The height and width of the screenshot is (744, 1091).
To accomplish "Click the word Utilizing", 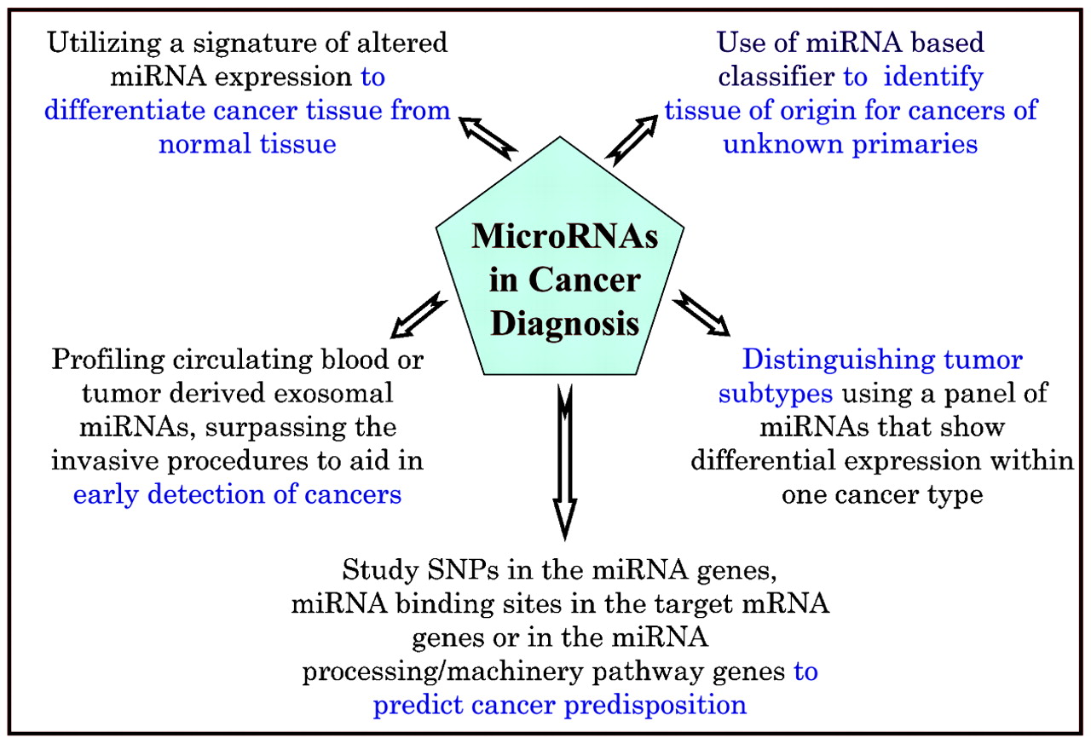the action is click(104, 43).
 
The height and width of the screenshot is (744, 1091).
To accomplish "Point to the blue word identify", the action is click(933, 78).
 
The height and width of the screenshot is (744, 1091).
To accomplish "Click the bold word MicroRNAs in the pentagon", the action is click(564, 237).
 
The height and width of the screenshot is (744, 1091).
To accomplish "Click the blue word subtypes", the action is click(776, 395).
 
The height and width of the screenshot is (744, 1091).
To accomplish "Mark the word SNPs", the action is click(463, 569).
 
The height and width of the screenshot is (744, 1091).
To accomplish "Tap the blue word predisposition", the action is click(655, 706).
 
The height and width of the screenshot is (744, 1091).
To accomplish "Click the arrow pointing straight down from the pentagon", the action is click(565, 462).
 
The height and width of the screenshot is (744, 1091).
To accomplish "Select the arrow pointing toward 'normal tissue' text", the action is click(488, 139).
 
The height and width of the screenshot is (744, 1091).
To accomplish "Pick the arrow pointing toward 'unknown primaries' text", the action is click(632, 141).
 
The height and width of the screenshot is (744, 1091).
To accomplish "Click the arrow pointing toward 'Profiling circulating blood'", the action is click(419, 315).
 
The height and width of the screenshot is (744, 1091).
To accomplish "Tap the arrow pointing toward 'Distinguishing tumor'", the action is click(701, 313).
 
